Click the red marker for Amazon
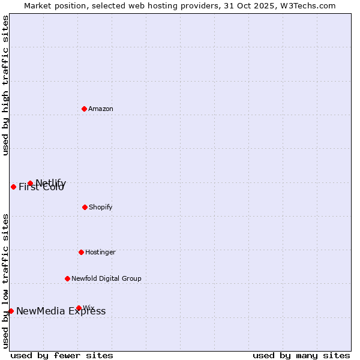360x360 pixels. coord(84,109)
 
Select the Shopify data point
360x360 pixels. coord(85,207)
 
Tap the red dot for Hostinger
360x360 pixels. coord(81,252)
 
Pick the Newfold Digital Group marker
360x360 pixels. coord(67,278)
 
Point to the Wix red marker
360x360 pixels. coord(79,308)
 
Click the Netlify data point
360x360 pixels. coord(30,183)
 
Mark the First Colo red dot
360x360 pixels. coord(13,187)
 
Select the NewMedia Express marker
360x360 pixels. coord(11,311)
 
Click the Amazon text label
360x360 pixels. coord(101,109)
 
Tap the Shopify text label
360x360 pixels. coord(101,207)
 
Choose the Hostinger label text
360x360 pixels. coord(100,252)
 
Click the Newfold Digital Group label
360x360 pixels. coord(106,278)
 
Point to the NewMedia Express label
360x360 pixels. coord(61,311)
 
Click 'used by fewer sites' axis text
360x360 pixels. coord(62,355)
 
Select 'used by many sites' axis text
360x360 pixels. coord(301,355)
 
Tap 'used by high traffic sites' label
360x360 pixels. coord(5,85)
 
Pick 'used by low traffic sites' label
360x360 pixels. coord(5,280)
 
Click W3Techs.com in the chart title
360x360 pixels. coord(307,5)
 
